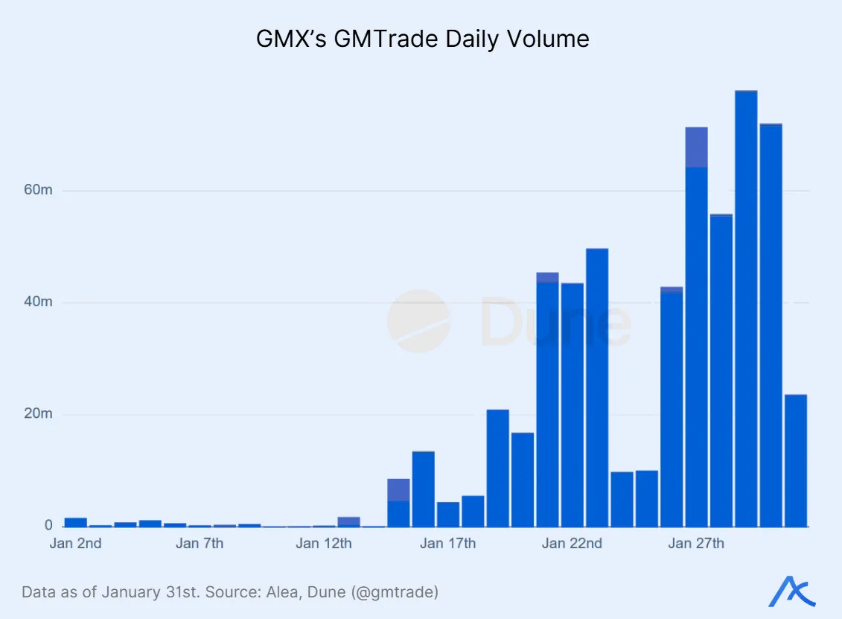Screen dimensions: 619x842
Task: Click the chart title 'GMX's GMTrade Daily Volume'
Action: click(x=422, y=38)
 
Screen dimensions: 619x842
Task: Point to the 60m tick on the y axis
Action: click(x=36, y=191)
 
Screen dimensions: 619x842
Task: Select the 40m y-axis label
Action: click(x=36, y=302)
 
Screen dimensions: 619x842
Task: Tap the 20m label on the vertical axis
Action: click(x=36, y=414)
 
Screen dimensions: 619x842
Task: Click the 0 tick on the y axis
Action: click(x=48, y=526)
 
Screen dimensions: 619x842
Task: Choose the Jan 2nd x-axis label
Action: click(x=75, y=544)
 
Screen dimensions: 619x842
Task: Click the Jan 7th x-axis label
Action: click(x=200, y=544)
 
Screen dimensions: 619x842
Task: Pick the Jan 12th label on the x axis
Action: click(x=324, y=544)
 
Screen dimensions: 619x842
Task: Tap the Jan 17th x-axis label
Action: click(x=447, y=544)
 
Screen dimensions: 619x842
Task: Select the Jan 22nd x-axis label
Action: click(x=572, y=544)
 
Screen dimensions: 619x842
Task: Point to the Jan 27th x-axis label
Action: click(x=696, y=544)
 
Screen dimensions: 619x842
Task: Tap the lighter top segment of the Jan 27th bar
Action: click(x=696, y=147)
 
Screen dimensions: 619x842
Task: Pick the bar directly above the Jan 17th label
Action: click(x=447, y=514)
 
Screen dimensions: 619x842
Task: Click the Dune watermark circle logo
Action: click(x=418, y=321)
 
